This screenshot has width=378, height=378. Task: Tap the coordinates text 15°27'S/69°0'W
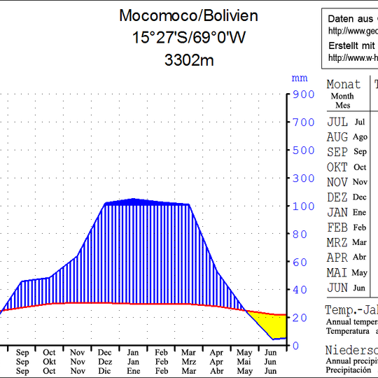point(188,38)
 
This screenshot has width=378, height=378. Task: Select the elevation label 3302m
point(188,60)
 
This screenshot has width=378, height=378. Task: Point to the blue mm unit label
point(300,78)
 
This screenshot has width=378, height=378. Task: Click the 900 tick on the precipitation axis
point(304,94)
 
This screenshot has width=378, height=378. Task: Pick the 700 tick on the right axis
point(304,122)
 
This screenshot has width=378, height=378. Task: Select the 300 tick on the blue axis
point(304,178)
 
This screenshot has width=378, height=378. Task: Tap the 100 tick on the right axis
point(304,206)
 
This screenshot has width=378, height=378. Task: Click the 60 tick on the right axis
point(300,262)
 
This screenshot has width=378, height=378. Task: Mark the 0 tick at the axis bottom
point(297,346)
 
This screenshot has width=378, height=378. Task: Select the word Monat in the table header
point(344,85)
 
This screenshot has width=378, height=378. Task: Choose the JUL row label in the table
point(337,122)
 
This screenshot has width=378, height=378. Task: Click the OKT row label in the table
point(337,167)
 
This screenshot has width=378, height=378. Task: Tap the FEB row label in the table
point(337,227)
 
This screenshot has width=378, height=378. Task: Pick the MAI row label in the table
point(337,273)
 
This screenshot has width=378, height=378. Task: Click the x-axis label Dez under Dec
point(104,362)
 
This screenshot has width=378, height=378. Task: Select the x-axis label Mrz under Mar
point(188,362)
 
